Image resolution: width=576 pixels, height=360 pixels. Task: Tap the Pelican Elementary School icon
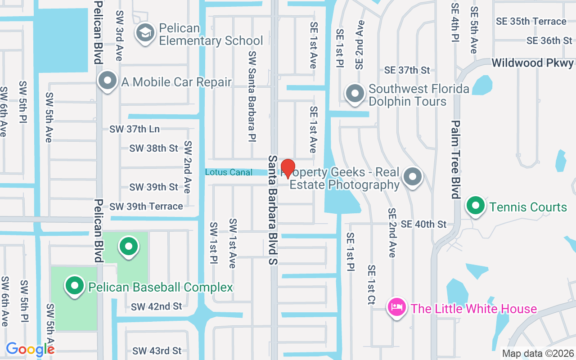pos(145,32)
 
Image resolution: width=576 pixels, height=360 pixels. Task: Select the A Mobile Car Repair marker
pos(108,81)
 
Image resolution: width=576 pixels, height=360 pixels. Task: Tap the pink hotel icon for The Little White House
pos(397,308)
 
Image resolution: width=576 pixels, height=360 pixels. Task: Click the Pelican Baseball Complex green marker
pos(75,286)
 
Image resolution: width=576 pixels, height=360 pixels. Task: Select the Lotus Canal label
pos(229,172)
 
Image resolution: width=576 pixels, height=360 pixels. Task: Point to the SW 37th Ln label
pos(135,129)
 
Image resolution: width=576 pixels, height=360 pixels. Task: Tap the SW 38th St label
pos(154,148)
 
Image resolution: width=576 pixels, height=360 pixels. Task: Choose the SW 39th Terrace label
pos(146,207)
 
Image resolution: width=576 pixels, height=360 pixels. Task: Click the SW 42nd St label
pos(157,306)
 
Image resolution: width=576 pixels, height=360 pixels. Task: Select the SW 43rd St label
pos(157,351)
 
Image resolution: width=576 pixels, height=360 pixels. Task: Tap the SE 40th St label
pos(423,224)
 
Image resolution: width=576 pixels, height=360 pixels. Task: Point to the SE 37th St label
pos(407,70)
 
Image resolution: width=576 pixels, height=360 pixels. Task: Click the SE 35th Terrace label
pos(531,21)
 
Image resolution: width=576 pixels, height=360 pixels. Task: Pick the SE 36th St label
pos(549,40)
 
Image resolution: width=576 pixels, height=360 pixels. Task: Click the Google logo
pos(30,349)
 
